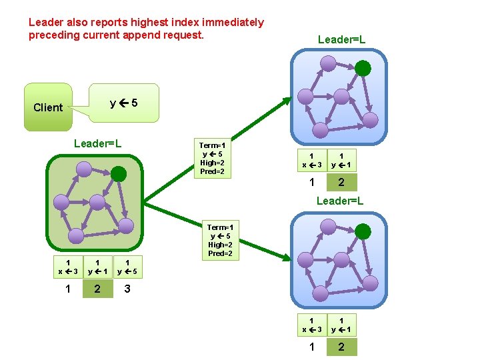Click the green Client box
point(48,107)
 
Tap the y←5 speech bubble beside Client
point(125,103)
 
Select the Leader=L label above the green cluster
point(97,143)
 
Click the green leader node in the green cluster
point(119,174)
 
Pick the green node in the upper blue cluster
point(363,68)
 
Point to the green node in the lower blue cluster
point(363,231)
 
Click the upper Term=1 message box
point(213,158)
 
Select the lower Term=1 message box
point(220,240)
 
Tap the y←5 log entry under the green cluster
point(127,267)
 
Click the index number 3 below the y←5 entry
point(127,289)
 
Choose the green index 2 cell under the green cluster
point(98,289)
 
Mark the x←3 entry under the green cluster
point(68,267)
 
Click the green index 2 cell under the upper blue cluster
point(341,183)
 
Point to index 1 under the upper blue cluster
point(311,183)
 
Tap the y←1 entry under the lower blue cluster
point(341,325)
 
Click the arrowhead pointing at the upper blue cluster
point(287,102)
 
